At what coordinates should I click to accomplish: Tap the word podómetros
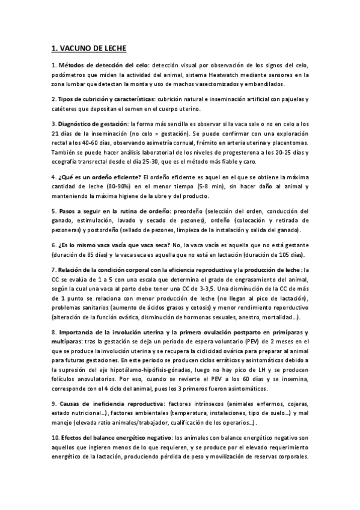pyautogui.click(x=70, y=75)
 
